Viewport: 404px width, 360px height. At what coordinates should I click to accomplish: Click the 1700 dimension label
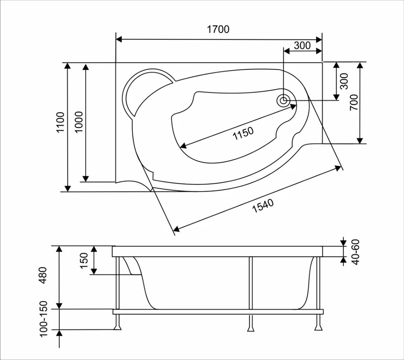(x=218, y=29)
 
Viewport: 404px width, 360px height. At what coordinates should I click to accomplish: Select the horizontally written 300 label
(x=302, y=46)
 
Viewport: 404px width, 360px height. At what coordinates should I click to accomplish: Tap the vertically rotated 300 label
(x=344, y=81)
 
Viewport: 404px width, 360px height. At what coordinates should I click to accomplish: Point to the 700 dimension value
(x=354, y=103)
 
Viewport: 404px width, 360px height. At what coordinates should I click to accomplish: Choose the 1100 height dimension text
(x=61, y=122)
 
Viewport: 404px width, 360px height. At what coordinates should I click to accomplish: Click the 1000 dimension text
(x=79, y=122)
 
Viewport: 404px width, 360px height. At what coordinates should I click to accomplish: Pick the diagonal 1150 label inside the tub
(x=243, y=133)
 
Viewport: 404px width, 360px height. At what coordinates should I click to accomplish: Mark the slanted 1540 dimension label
(x=263, y=206)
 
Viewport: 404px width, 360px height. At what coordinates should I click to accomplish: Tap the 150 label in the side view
(x=84, y=261)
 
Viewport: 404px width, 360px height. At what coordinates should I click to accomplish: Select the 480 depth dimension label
(x=43, y=275)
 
